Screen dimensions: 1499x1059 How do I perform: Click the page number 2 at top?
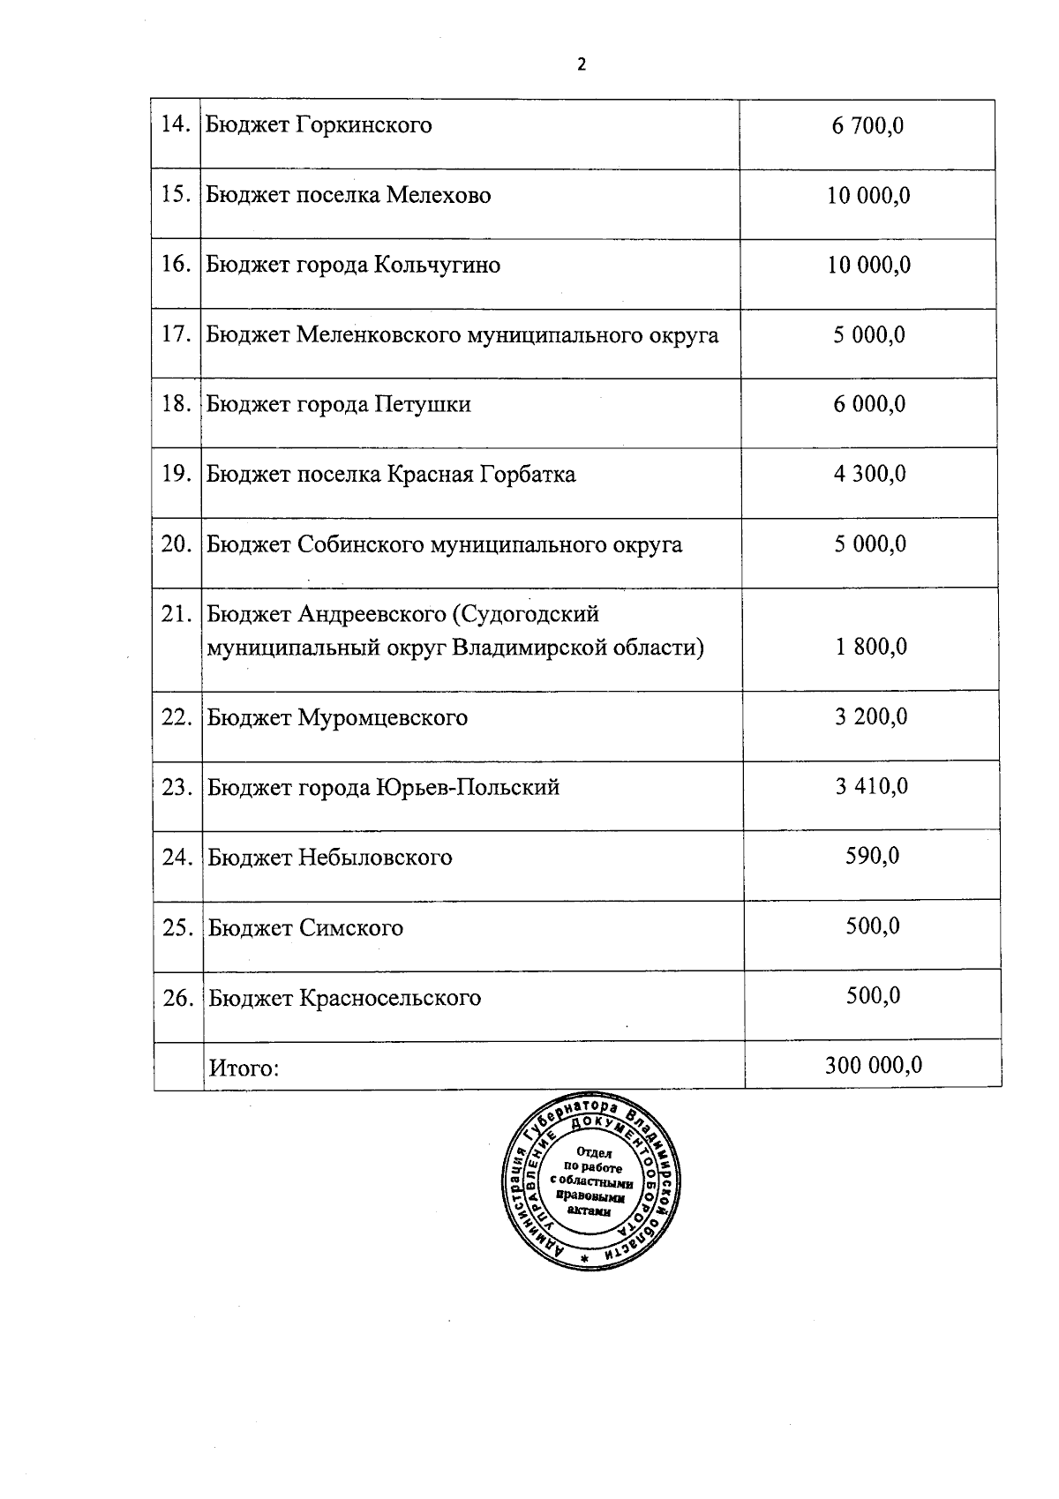[x=581, y=64]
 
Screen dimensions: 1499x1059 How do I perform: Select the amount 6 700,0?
[x=867, y=126]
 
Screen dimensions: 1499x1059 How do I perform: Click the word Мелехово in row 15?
[x=439, y=195]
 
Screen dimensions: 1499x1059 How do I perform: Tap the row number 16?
[x=176, y=264]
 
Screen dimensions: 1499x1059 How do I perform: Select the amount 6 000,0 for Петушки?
[x=869, y=404]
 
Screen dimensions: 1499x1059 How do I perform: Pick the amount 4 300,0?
[x=869, y=474]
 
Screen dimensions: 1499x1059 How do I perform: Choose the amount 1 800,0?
[x=871, y=648]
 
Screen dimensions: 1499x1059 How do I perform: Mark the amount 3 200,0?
[x=871, y=716]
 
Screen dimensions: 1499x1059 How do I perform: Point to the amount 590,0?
[x=873, y=856]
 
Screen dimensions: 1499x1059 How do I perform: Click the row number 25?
[x=178, y=927]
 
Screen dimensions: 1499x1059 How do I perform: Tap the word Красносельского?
[x=390, y=998]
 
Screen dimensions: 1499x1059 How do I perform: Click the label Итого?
[x=244, y=1068]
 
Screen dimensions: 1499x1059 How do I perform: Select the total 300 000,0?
[x=874, y=1065]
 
